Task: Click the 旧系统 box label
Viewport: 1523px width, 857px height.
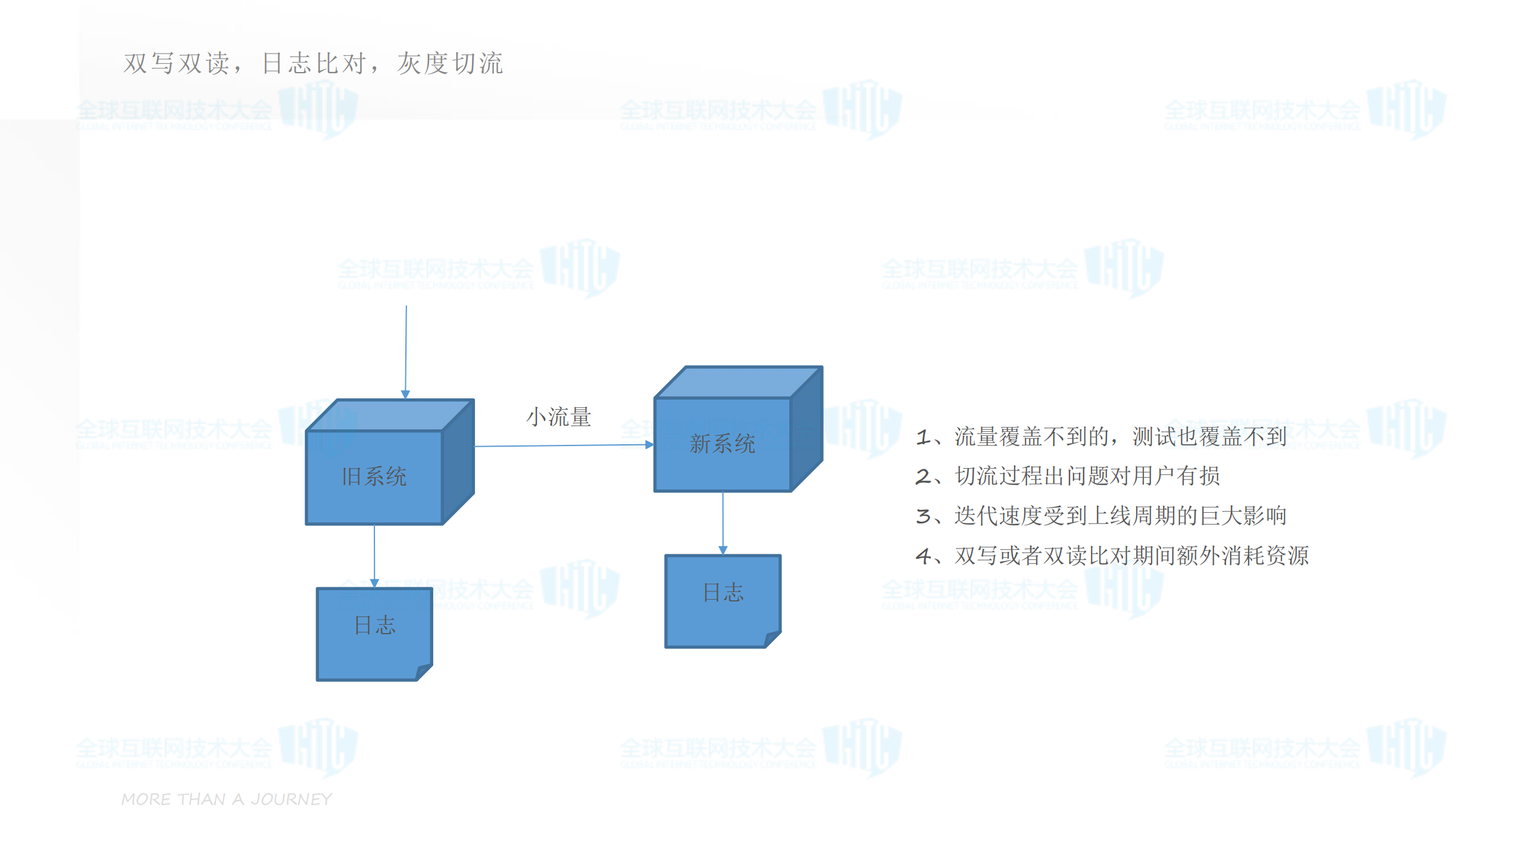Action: (x=374, y=476)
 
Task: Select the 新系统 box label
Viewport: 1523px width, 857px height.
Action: (x=722, y=444)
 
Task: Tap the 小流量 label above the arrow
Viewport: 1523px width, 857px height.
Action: (x=558, y=417)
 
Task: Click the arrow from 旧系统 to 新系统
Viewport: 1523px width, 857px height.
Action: (x=563, y=445)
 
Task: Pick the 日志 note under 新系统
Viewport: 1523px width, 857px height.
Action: (x=723, y=600)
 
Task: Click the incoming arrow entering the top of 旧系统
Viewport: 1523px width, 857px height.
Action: (x=406, y=351)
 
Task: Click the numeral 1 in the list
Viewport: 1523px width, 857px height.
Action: (x=923, y=437)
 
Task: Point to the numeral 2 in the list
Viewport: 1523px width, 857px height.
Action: (x=923, y=476)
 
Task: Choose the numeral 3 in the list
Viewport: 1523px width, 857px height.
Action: (x=923, y=516)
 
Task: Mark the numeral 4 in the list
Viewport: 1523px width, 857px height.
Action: (x=923, y=556)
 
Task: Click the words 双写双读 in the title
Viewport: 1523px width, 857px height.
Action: (x=176, y=64)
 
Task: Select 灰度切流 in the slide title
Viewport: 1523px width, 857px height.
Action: (x=450, y=64)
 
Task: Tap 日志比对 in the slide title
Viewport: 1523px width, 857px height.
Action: (x=314, y=64)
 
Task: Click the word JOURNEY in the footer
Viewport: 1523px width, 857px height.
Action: (x=291, y=799)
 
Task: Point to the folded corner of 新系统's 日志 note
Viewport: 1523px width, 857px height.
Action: (x=772, y=639)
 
